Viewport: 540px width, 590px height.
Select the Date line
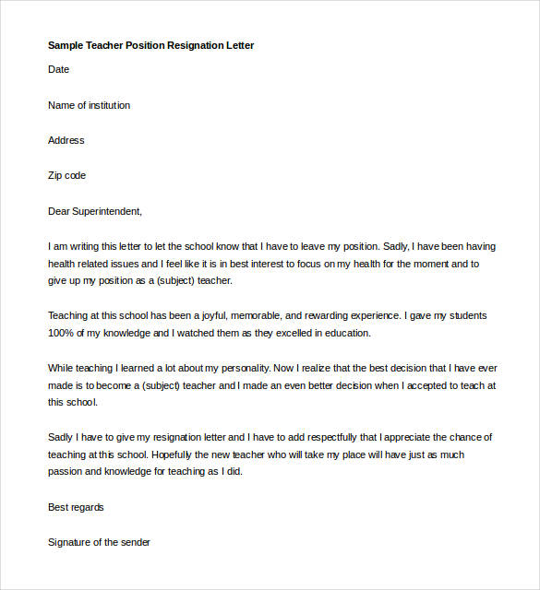pyautogui.click(x=58, y=69)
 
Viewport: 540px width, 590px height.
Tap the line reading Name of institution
pyautogui.click(x=89, y=105)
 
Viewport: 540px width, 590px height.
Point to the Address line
pyautogui.click(x=66, y=140)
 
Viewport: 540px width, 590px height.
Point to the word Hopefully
pyautogui.click(x=176, y=454)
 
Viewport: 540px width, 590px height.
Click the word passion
pyautogui.click(x=66, y=472)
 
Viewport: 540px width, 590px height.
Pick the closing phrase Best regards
pyautogui.click(x=76, y=507)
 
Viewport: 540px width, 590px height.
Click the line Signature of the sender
pyautogui.click(x=99, y=542)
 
